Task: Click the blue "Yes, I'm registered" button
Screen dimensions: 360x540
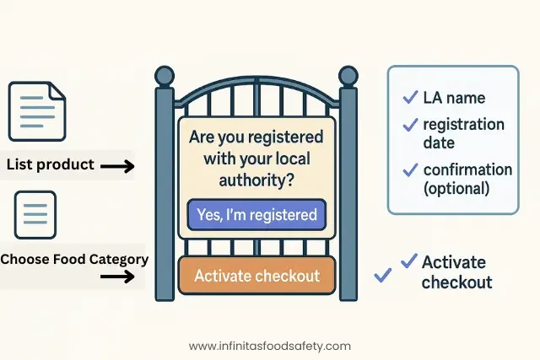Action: [256, 215]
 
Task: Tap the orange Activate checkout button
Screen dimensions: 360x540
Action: [257, 276]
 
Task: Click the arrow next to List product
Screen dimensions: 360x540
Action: [117, 167]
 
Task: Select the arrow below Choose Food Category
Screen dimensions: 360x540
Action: [117, 276]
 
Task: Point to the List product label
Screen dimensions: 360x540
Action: [51, 164]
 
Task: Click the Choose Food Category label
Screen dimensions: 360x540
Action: [74, 259]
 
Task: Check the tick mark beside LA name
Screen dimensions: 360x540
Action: [410, 96]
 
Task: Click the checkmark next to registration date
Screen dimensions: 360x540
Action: [410, 124]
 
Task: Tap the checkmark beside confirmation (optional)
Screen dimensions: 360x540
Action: [410, 169]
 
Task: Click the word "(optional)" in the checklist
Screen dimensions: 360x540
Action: [456, 188]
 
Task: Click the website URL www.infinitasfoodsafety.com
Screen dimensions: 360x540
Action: [270, 346]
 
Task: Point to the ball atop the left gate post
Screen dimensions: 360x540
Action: [164, 75]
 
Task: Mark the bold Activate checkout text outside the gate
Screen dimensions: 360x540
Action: [456, 271]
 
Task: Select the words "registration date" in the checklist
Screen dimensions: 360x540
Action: [463, 132]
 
